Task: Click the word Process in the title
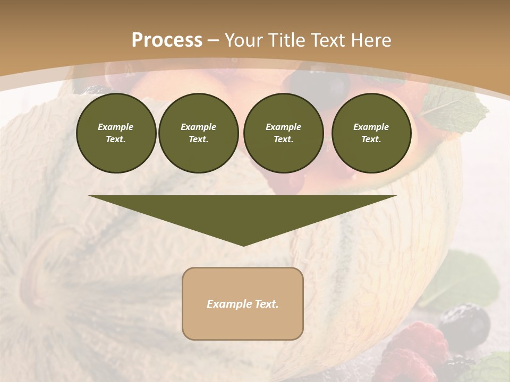167,40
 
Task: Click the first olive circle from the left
116,133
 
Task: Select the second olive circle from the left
198,133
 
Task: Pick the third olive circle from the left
283,133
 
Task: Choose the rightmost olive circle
371,133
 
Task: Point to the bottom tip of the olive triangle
243,245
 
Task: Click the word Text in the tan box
267,304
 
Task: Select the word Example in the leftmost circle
116,127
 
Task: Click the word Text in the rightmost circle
371,139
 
